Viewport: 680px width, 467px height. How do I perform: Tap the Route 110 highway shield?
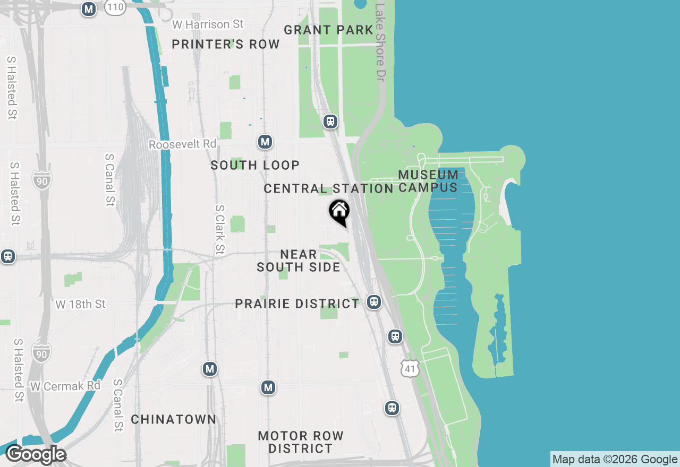[115, 7]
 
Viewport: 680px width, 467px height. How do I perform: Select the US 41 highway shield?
[410, 368]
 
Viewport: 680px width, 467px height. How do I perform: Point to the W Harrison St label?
[208, 24]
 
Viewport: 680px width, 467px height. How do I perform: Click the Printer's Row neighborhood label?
[226, 45]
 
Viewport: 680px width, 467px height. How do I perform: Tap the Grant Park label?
[328, 30]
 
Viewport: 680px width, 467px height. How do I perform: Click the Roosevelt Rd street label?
[183, 144]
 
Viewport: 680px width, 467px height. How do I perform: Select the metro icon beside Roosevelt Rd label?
[265, 142]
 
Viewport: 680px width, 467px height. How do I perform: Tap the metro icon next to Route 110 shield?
[89, 9]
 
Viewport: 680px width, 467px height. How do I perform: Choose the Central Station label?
[328, 189]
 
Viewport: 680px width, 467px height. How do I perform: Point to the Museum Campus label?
[428, 181]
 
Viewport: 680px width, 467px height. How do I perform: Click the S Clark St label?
[219, 229]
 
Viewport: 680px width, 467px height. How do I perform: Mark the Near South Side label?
[299, 261]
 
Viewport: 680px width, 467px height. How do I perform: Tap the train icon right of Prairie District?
[374, 302]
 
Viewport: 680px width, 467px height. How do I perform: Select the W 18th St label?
[81, 305]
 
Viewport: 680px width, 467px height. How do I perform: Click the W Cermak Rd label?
[65, 386]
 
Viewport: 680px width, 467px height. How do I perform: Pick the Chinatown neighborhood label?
[174, 420]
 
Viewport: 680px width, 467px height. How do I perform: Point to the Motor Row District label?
[301, 442]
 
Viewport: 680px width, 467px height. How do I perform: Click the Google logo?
[36, 455]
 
